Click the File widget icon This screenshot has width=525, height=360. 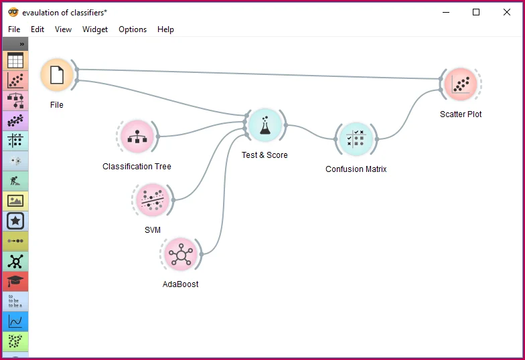[x=57, y=75]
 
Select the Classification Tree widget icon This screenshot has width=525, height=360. [x=136, y=137]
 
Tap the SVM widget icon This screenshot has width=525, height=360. [x=152, y=200]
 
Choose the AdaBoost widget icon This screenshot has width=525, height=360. [x=180, y=254]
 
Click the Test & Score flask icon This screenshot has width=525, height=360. [x=265, y=125]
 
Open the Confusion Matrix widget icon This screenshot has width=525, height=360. [x=356, y=139]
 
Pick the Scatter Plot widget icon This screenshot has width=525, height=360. [x=461, y=84]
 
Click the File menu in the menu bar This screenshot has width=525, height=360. [x=14, y=29]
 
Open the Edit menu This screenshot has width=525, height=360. [x=37, y=29]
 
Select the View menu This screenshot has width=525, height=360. [x=63, y=29]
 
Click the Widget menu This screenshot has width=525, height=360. [x=95, y=29]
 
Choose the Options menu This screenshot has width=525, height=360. [x=133, y=29]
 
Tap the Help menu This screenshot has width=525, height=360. [x=165, y=29]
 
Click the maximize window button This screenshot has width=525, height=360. [x=476, y=12]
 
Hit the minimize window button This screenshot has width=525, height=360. [x=445, y=12]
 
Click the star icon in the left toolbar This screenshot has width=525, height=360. [x=15, y=221]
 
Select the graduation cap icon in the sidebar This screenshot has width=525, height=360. [x=15, y=281]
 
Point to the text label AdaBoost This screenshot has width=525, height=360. [x=180, y=284]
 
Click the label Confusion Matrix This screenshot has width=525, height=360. [x=356, y=169]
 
